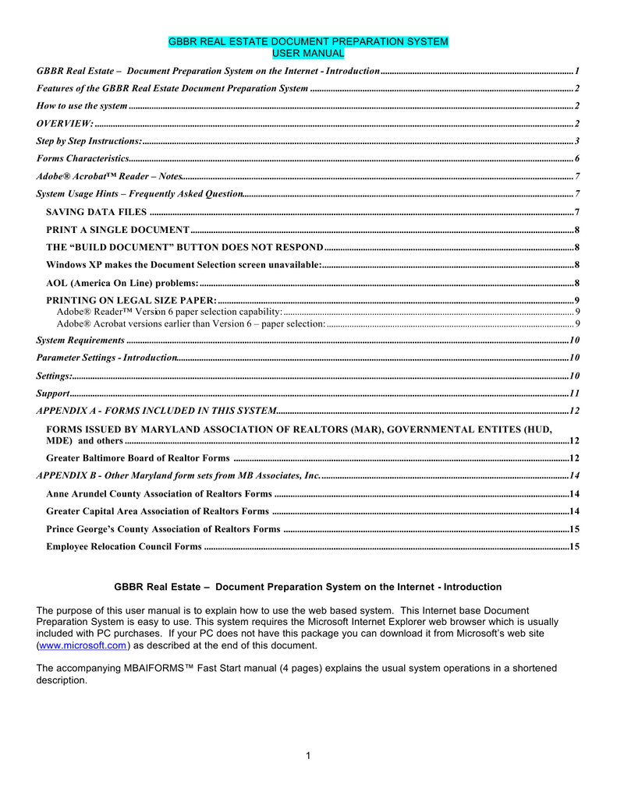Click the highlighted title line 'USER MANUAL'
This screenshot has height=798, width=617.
(308, 53)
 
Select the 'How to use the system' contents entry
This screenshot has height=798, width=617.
(82, 105)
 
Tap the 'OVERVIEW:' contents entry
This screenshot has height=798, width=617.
(65, 123)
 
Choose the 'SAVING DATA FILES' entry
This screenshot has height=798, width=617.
(96, 212)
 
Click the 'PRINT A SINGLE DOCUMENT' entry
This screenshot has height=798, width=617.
(117, 230)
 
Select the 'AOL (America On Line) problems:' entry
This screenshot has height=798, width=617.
(122, 283)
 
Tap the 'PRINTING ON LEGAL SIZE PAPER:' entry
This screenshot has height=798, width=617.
(131, 301)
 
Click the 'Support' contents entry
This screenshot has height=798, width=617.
(54, 394)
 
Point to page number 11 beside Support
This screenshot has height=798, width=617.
(574, 394)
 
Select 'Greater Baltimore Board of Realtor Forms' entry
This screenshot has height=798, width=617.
(138, 458)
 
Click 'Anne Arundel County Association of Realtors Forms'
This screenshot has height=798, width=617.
(159, 494)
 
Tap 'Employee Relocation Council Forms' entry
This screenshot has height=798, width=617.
(124, 547)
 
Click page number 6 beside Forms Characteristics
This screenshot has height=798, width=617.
(576, 158)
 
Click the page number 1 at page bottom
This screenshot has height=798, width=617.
(309, 755)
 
